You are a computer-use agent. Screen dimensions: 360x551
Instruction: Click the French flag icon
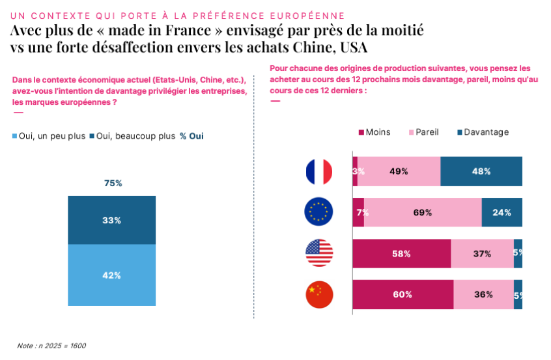tap(319, 172)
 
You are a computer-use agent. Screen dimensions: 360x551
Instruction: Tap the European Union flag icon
tap(319, 212)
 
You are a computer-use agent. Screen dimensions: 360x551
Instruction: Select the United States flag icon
tap(319, 253)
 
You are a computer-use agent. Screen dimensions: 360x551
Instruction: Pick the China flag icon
tap(319, 294)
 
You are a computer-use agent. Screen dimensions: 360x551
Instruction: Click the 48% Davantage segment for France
tap(481, 172)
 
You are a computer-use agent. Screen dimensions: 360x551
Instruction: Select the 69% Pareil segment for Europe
tap(423, 212)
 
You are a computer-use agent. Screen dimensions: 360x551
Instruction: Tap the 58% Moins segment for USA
tap(401, 253)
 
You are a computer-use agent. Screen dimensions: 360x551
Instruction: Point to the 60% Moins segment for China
tap(403, 294)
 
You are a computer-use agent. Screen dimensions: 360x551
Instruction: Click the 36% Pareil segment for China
tap(483, 294)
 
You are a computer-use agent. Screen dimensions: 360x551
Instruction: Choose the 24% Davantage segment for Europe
tap(502, 212)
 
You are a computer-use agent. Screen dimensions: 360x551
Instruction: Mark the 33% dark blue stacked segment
tap(112, 220)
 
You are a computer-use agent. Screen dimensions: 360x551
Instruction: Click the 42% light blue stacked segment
tap(112, 275)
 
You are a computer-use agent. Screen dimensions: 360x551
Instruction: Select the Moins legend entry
tap(374, 132)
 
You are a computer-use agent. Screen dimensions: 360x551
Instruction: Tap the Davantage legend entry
tap(482, 132)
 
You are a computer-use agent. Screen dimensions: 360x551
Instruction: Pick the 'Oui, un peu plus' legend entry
tap(49, 136)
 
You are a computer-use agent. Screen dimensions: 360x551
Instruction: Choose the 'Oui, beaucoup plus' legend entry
tap(132, 136)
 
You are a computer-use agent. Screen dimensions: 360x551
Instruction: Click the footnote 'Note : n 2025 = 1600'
tap(51, 346)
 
